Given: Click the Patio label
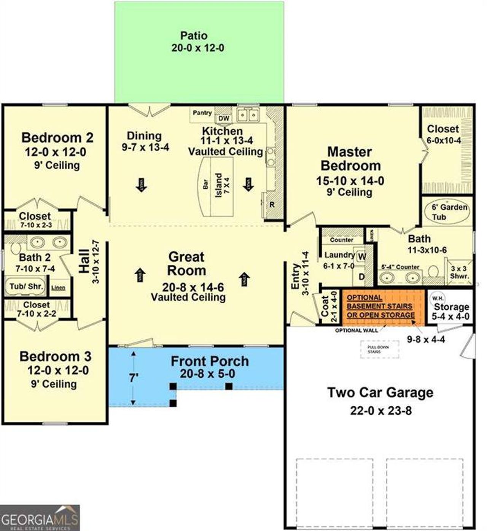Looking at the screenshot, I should click(x=194, y=36).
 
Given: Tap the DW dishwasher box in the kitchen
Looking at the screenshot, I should click(x=224, y=118).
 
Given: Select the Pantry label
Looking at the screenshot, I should click(x=202, y=113).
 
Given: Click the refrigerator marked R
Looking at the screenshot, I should click(x=272, y=204).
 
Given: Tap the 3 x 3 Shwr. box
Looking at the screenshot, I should click(x=459, y=272).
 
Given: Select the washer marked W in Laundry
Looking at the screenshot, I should click(x=362, y=257).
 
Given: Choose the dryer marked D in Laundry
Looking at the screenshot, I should click(x=361, y=277).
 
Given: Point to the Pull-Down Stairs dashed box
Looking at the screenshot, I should click(x=379, y=350).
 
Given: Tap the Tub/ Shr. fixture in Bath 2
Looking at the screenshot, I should click(x=26, y=286).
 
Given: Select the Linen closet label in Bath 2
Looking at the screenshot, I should click(x=58, y=288).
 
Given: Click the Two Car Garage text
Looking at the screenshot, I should click(x=380, y=392).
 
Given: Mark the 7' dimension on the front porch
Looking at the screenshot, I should click(x=133, y=378).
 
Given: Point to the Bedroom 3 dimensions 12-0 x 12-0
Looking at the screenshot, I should click(x=57, y=370).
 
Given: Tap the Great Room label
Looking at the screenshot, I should click(x=187, y=264).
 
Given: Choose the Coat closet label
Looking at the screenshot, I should click(x=325, y=306).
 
